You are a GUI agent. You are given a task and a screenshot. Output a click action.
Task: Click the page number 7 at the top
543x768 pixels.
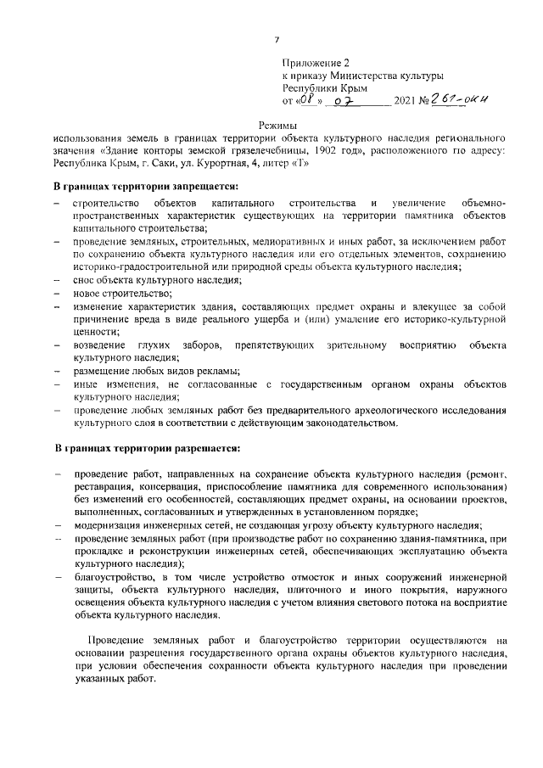pyautogui.click(x=277, y=39)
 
